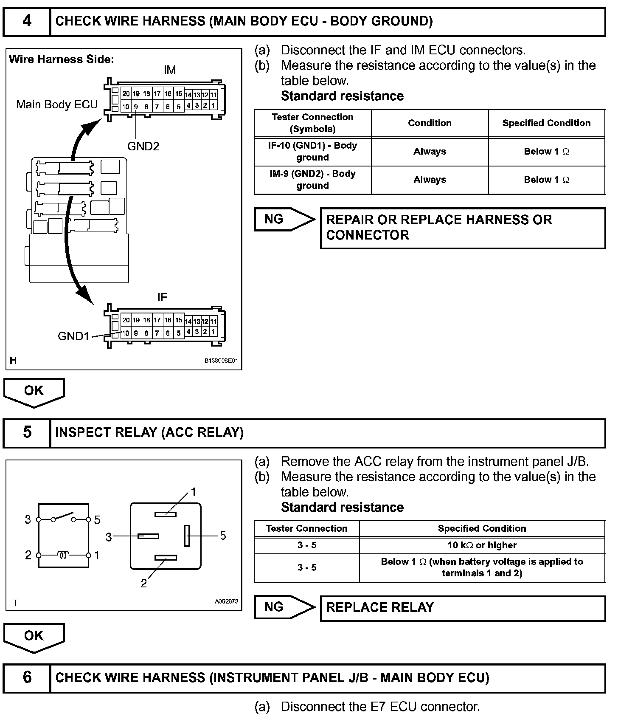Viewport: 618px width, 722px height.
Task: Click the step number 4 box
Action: coord(27,21)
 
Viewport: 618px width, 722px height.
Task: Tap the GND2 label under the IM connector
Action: coord(143,147)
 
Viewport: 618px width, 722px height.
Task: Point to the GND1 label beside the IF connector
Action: coord(73,336)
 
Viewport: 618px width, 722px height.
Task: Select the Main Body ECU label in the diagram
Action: coord(57,104)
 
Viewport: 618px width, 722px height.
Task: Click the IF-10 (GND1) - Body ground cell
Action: coord(312,151)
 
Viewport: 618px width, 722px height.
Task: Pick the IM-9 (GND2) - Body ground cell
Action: coord(312,180)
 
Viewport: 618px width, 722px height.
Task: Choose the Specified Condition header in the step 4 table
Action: coord(546,123)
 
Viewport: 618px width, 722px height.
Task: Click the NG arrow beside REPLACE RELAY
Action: coord(284,607)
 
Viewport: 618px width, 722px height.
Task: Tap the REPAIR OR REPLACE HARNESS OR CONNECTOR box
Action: coord(463,228)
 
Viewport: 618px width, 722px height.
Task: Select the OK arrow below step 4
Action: coord(34,392)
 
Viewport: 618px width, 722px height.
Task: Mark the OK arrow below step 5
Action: coord(34,637)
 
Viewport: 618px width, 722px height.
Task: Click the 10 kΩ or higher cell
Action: coord(482,545)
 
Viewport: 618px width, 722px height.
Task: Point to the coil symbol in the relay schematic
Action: coord(64,555)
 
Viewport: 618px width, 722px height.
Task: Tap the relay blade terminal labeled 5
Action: coord(187,536)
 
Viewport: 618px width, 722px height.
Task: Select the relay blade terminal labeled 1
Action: coord(166,514)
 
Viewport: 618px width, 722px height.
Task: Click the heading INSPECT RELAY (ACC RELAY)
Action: coord(149,432)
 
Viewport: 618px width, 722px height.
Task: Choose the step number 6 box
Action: coord(27,677)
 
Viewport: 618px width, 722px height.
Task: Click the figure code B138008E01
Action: coord(221,361)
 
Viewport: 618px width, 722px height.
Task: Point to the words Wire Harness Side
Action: coord(62,59)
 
